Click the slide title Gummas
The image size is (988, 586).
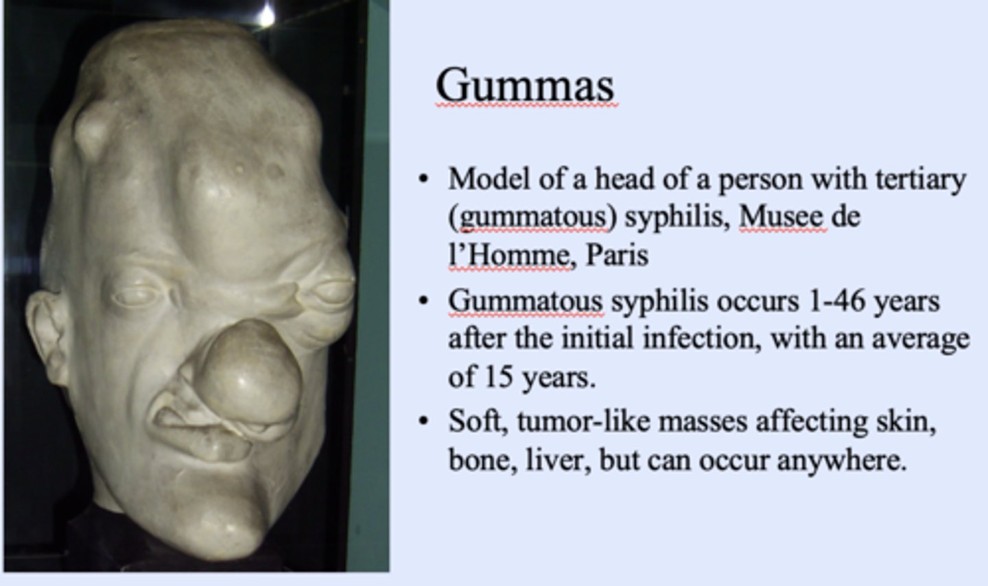point(524,86)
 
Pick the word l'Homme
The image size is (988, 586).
point(508,255)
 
